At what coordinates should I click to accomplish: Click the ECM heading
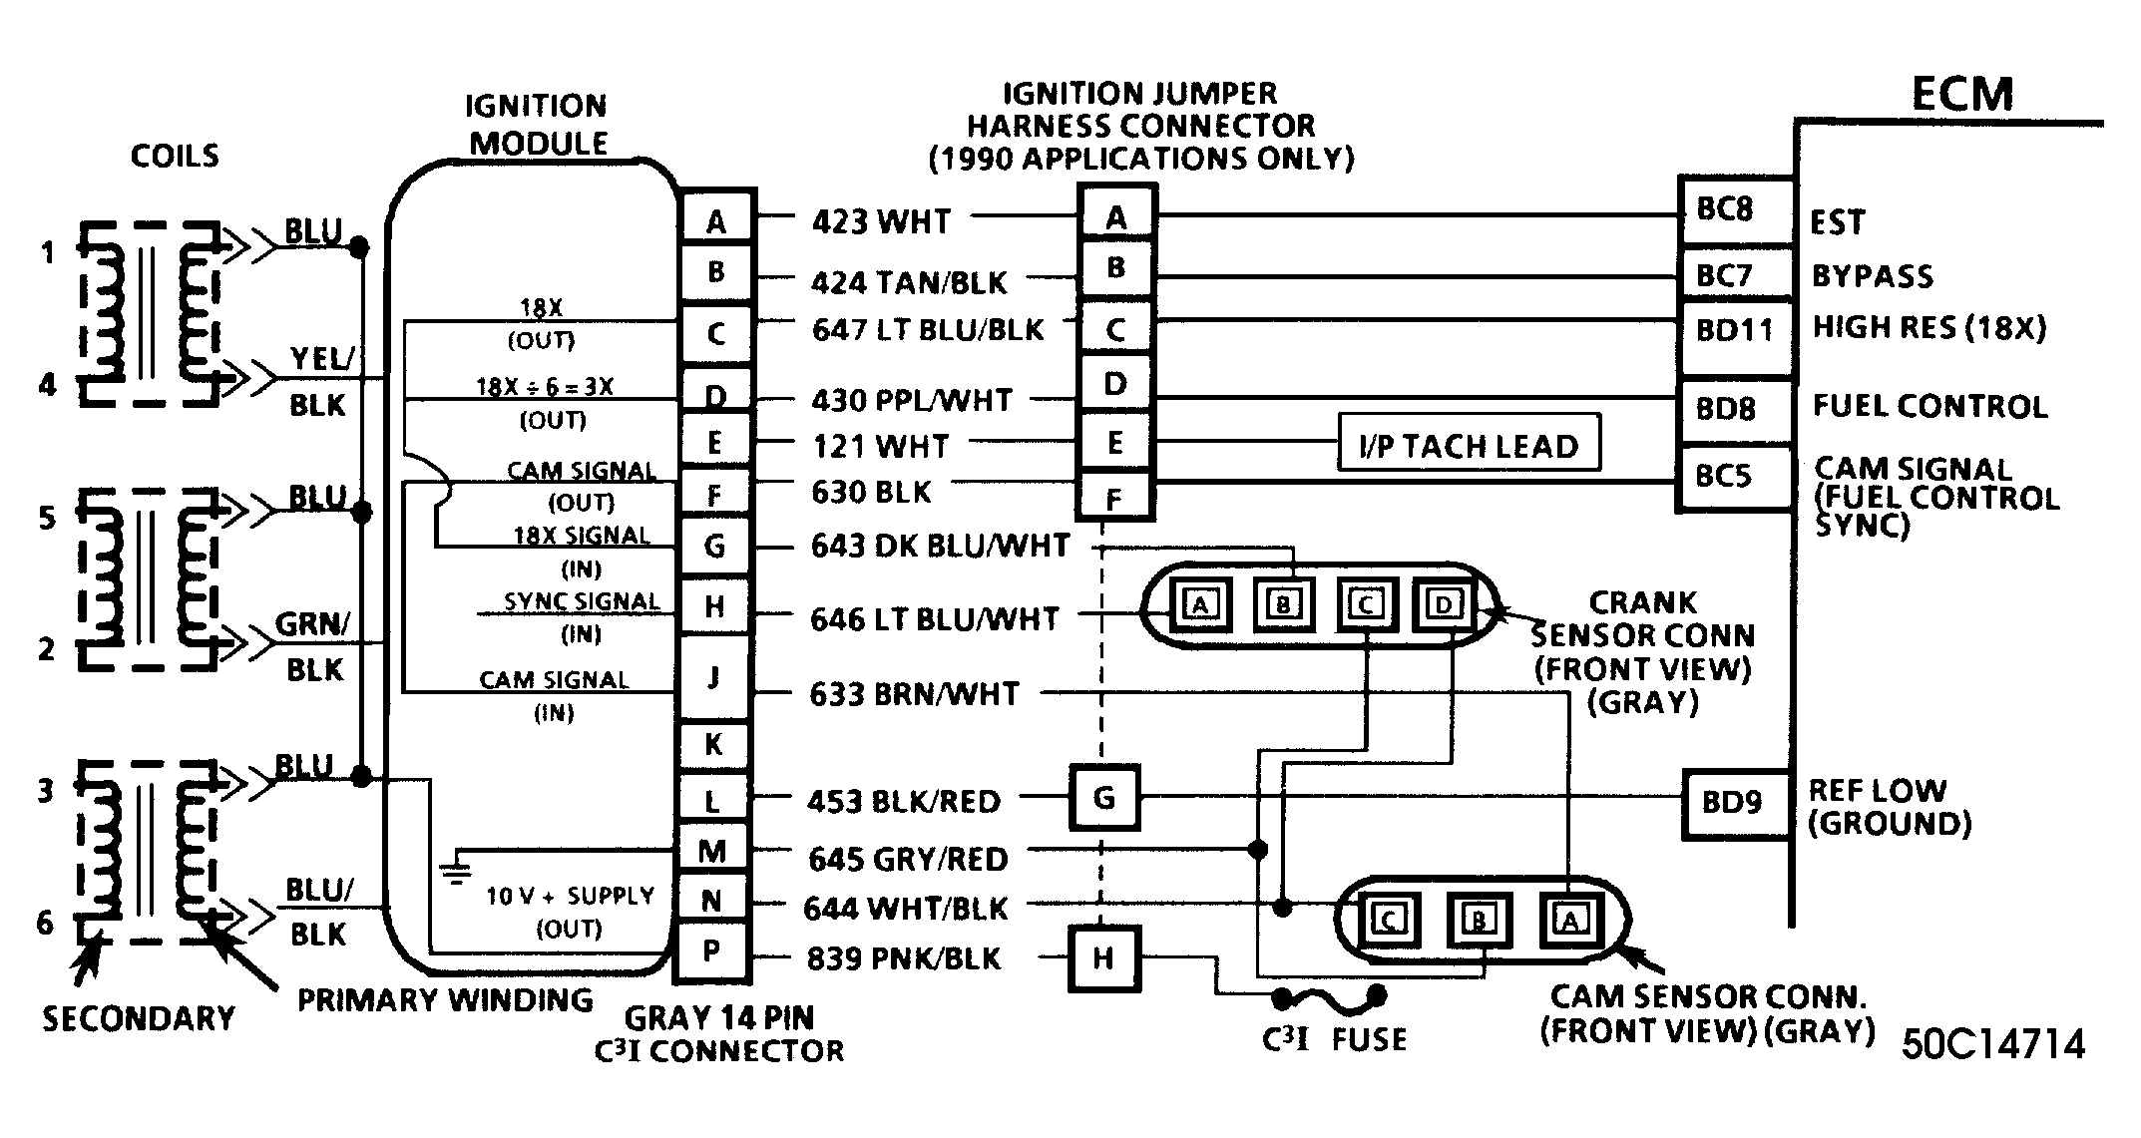(1961, 95)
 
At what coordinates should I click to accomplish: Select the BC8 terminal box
(1736, 210)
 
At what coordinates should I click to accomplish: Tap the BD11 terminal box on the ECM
(1736, 329)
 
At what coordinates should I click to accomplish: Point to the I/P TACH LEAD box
(1469, 444)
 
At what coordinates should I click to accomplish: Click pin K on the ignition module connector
(713, 744)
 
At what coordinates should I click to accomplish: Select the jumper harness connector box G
(1104, 798)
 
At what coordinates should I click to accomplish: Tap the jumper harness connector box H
(1103, 958)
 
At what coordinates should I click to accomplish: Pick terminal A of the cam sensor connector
(1570, 920)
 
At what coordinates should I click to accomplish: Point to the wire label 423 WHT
(881, 220)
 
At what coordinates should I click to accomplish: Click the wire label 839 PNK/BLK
(903, 958)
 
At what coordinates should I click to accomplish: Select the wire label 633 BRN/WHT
(914, 694)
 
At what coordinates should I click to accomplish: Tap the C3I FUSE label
(1334, 1039)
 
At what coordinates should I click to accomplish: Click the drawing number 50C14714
(1993, 1044)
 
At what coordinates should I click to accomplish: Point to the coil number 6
(45, 923)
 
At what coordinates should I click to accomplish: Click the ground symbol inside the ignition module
(456, 869)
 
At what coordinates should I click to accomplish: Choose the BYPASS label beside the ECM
(1873, 275)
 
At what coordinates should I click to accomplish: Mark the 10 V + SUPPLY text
(570, 896)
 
